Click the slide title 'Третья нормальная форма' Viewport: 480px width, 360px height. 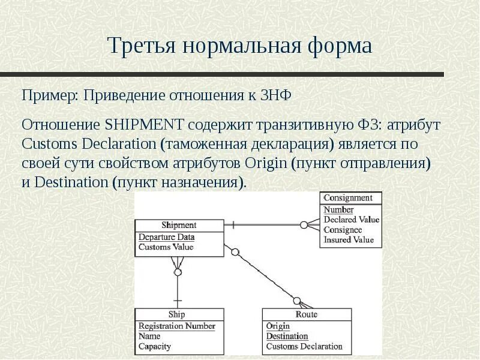tap(239, 46)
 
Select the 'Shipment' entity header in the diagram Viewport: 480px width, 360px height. tap(179, 225)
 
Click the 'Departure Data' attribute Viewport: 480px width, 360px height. tap(166, 237)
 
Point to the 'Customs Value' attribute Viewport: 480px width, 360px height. tap(166, 247)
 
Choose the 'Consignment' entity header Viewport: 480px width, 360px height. tap(348, 198)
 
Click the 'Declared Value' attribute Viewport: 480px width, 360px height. tap(352, 220)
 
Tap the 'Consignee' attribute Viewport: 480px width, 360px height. tap(343, 230)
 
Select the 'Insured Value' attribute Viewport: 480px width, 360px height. tap(349, 240)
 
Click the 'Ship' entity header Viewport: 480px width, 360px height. tap(177, 314)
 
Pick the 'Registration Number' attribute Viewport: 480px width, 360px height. tap(176, 326)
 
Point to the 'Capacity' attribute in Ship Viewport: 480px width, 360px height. tap(155, 346)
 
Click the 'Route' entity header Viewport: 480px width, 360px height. tap(306, 314)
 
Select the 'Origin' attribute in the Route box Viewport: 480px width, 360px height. tap(278, 326)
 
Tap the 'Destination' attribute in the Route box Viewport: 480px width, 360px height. tap(287, 337)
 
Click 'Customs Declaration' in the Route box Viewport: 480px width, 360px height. tap(304, 346)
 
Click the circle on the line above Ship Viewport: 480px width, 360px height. tap(178, 272)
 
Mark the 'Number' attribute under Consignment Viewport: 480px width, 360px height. tap(338, 210)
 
